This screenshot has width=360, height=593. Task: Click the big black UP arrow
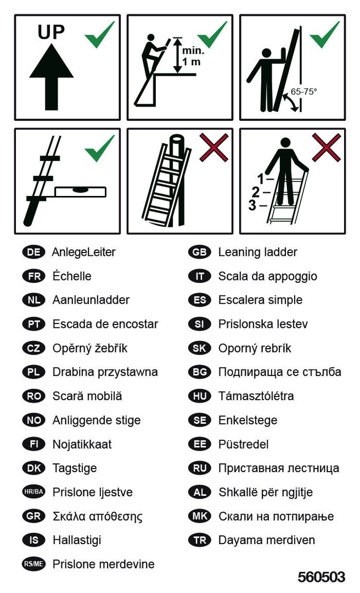(x=52, y=77)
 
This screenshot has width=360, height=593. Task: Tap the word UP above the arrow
(x=51, y=32)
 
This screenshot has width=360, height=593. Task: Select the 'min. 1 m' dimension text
(x=193, y=56)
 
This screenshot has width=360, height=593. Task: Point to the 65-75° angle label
(x=303, y=91)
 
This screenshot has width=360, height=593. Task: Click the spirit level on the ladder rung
(x=80, y=192)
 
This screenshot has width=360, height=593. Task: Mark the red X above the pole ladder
(x=213, y=148)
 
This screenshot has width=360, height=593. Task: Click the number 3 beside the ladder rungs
(x=252, y=205)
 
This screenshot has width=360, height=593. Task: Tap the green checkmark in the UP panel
(x=99, y=35)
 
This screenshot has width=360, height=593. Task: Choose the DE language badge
(x=33, y=252)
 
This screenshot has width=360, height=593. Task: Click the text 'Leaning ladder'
(x=257, y=252)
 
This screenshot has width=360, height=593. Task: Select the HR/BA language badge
(x=33, y=492)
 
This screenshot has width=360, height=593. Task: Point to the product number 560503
(x=321, y=577)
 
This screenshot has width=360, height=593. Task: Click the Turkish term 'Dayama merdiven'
(x=267, y=540)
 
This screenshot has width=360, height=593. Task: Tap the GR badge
(x=33, y=516)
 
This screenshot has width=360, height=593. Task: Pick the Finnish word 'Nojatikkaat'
(x=82, y=444)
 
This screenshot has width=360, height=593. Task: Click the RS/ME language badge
(x=33, y=564)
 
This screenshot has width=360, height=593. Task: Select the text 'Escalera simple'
(x=260, y=300)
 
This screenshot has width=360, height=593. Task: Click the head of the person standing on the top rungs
(x=286, y=143)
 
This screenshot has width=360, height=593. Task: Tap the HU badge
(x=200, y=396)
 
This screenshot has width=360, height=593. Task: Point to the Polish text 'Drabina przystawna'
(x=105, y=372)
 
